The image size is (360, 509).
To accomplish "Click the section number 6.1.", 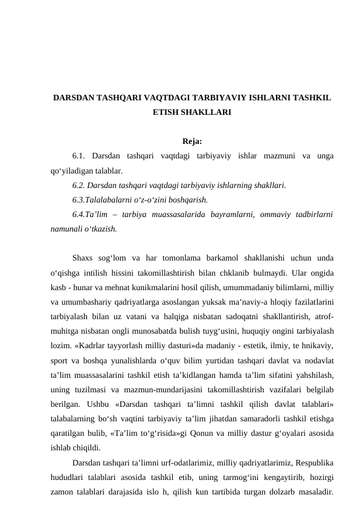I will (x=80, y=157).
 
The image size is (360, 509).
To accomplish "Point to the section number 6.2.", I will (x=80, y=184).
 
